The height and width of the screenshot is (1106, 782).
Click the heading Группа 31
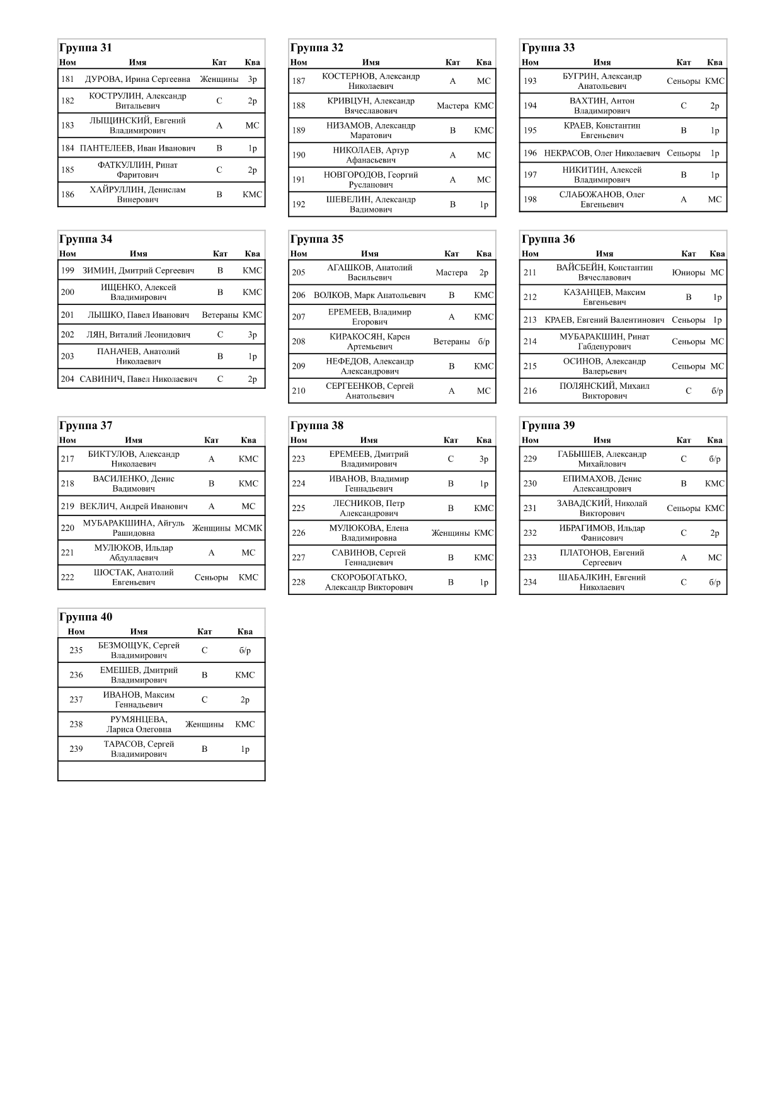(86, 48)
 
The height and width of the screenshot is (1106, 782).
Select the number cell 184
(67, 149)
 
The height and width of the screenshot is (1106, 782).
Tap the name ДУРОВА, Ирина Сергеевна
(137, 79)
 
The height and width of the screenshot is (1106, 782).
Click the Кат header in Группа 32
(452, 62)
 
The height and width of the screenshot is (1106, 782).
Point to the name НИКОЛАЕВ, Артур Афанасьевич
(371, 155)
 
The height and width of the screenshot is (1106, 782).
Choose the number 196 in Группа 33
(530, 153)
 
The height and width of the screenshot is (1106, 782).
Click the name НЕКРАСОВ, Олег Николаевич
(602, 153)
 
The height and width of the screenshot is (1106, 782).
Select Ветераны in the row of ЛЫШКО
(220, 315)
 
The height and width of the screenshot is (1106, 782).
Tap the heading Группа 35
(317, 239)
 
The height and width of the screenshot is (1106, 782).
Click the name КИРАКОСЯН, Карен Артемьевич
(370, 342)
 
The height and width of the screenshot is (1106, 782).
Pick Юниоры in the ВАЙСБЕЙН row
(688, 273)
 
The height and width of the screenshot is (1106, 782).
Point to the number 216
(530, 391)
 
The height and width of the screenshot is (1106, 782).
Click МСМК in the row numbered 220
(248, 528)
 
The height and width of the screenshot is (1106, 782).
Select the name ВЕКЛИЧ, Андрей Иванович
(134, 507)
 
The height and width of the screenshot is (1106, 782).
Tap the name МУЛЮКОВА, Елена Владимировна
(369, 533)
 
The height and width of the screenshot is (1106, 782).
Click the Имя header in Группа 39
(602, 441)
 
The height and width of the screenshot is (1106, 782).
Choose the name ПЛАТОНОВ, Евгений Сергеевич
(602, 558)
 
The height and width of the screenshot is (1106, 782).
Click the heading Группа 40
(86, 618)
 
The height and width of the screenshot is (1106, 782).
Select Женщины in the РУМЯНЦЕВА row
(204, 725)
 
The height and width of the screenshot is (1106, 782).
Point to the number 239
(76, 749)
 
